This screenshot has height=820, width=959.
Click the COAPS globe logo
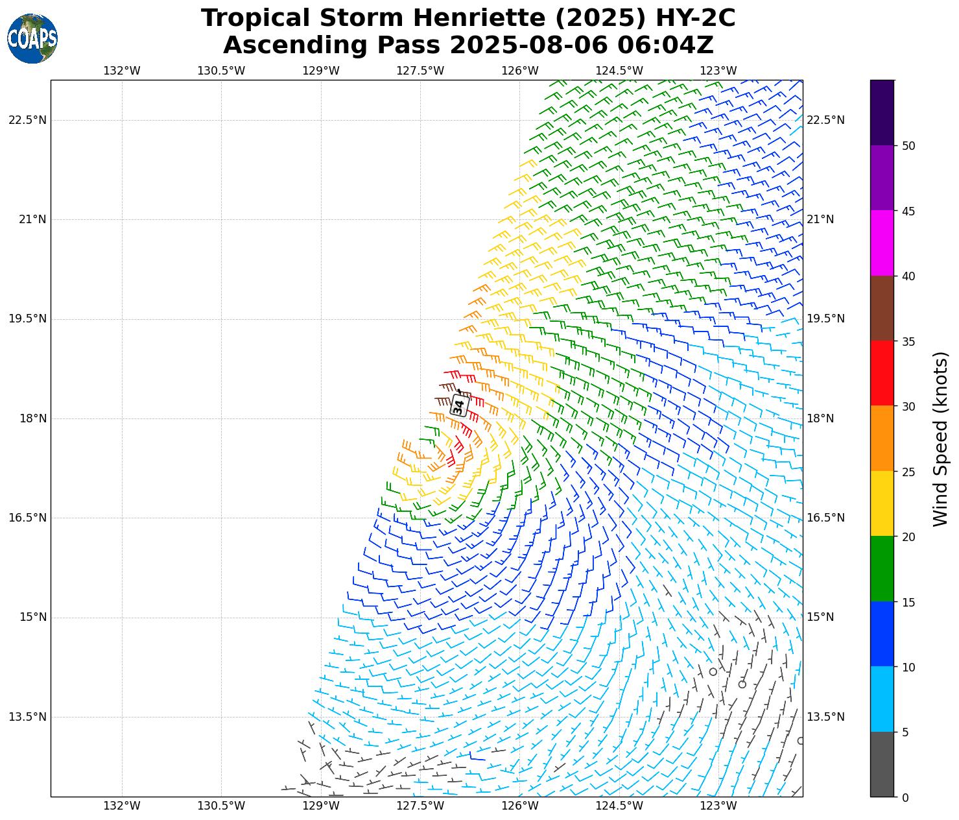(32, 38)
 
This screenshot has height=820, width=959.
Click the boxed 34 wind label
(458, 406)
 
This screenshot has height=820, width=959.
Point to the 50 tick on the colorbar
(908, 145)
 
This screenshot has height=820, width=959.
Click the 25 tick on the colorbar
(908, 472)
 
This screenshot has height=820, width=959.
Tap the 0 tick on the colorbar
(905, 797)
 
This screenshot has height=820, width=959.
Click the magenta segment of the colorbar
(882, 243)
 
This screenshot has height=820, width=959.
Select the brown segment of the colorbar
(882, 308)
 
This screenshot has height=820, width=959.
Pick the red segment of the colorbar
(882, 373)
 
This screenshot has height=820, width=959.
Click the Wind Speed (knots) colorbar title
(940, 439)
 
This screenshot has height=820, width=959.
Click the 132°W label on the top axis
(122, 71)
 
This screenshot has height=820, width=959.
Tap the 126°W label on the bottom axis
(520, 806)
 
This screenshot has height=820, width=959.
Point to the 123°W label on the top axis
(718, 71)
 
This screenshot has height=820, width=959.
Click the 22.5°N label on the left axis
(28, 120)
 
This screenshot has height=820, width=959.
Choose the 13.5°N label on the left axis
(28, 717)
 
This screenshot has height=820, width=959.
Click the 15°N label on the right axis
(820, 617)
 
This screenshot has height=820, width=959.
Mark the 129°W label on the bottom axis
(321, 806)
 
